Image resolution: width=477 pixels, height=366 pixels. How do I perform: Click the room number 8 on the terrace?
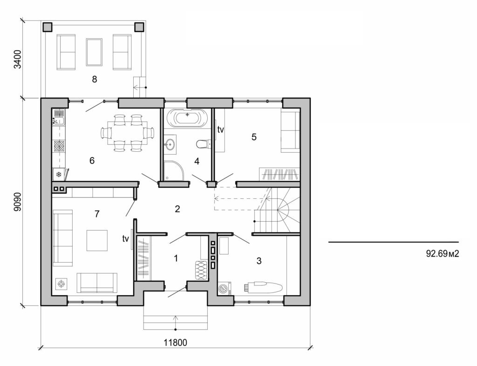point(95,79)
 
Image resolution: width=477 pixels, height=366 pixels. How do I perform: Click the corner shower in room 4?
point(174,170)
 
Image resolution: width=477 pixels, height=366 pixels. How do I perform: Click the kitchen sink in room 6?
point(59,118)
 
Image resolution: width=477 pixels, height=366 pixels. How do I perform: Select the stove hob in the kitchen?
point(59,146)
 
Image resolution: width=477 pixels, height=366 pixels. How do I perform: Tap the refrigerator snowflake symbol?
point(59,175)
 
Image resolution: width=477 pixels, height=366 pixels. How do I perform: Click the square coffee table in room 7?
point(97,240)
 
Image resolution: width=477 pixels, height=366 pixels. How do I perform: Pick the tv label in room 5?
point(221,130)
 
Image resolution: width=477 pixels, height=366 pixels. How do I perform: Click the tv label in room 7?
point(125,239)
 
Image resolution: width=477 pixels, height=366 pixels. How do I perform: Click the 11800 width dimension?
point(175,343)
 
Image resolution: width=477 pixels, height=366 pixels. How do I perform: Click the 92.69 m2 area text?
point(439,254)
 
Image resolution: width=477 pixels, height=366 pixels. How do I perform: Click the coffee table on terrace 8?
point(94,52)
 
